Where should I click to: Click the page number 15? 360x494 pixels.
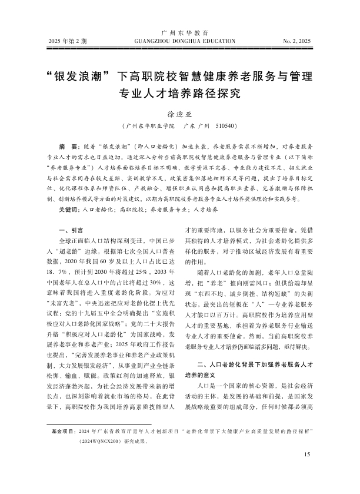[x=306, y=470]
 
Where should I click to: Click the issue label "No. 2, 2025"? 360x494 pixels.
[x=296, y=42]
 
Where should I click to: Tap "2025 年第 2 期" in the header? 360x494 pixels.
[x=66, y=42]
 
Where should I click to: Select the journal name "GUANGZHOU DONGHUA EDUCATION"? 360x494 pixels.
[x=180, y=42]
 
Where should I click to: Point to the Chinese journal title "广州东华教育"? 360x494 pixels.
[x=180, y=33]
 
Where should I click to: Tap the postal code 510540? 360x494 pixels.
[x=226, y=127]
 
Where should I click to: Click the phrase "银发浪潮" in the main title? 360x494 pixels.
[x=78, y=77]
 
